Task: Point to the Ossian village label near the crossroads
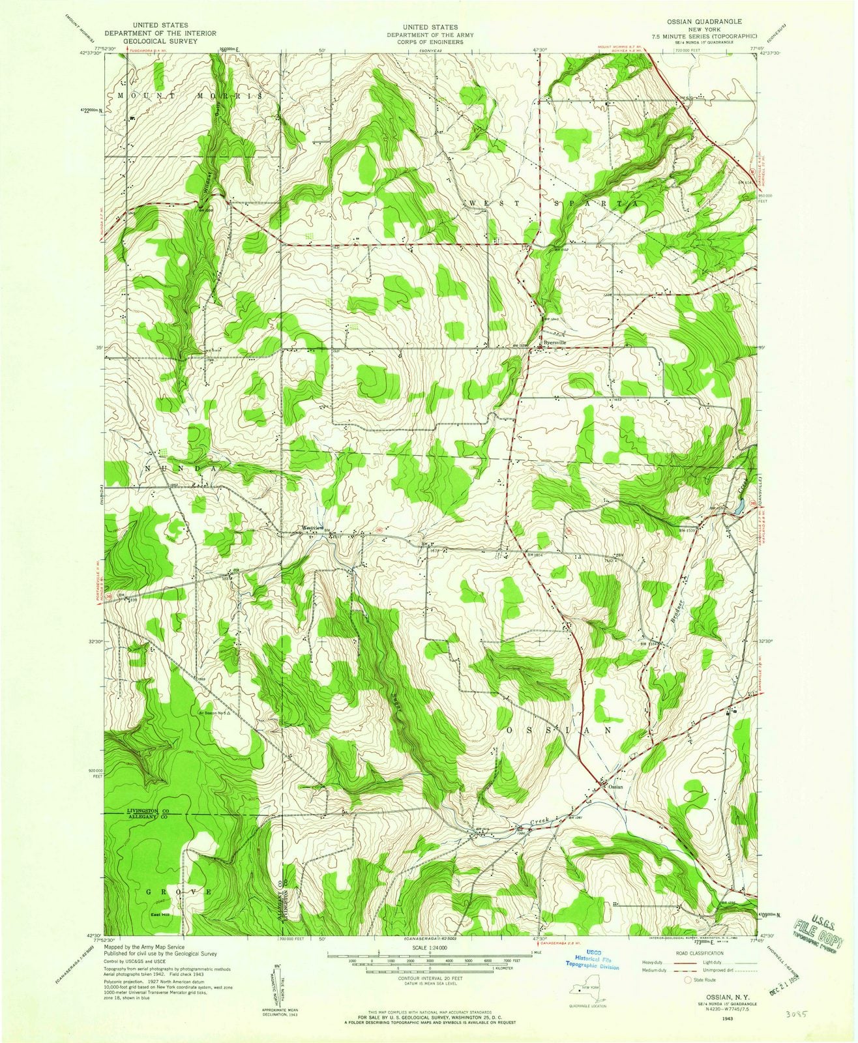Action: tap(615, 787)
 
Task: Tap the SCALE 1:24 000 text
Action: tap(425, 947)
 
